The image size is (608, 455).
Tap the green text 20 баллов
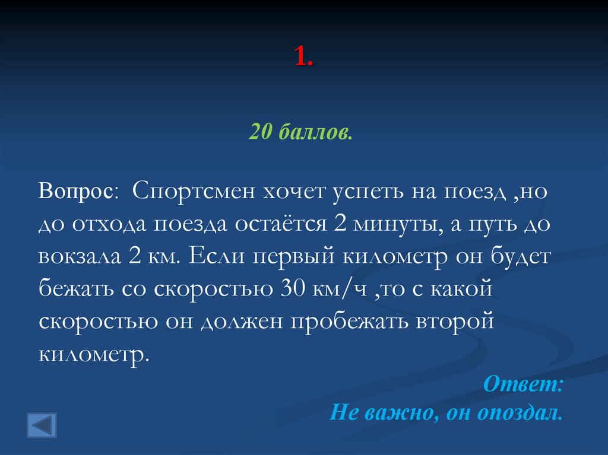301,132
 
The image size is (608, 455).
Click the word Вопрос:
79,192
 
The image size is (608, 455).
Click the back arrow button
42,425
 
